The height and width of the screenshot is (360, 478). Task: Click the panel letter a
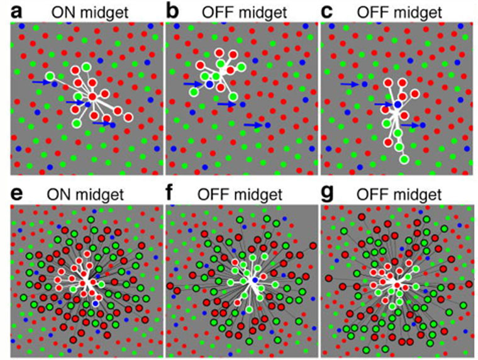(16, 13)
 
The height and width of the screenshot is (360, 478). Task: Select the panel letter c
(327, 13)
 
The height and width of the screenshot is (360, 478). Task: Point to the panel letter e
(16, 194)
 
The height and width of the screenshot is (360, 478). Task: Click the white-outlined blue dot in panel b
(209, 84)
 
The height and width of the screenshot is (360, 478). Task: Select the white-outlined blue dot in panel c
(397, 104)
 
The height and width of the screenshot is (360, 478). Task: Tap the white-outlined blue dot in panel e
(96, 303)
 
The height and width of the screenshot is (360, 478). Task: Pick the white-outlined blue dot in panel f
(255, 280)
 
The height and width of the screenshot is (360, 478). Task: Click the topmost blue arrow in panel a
(42, 82)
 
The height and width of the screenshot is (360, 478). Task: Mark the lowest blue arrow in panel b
(253, 125)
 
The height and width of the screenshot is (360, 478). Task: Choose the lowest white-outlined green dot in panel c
(404, 159)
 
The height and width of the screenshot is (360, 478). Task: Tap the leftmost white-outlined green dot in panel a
(50, 76)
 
